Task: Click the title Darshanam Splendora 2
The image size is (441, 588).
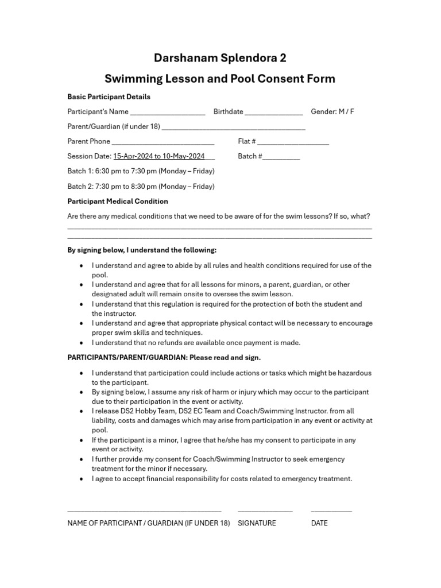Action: [220, 58]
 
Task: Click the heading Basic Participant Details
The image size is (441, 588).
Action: [109, 96]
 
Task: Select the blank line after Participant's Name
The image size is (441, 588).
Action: [168, 113]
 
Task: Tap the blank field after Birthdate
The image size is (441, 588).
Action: [274, 113]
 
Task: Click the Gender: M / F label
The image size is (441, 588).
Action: [332, 111]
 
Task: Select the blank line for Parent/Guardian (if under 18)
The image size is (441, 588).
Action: [234, 128]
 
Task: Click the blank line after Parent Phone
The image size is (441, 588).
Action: [163, 143]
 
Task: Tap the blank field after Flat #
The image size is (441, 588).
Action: [293, 143]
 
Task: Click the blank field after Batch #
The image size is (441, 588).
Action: [281, 158]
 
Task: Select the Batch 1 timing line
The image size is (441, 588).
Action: [141, 171]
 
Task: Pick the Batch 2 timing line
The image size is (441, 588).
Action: [141, 186]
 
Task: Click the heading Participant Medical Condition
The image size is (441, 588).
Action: [118, 202]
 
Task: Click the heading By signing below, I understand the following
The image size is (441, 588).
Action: [142, 250]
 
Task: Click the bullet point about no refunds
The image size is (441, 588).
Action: [196, 343]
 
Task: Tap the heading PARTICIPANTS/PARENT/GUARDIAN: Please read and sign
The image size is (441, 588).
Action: [164, 358]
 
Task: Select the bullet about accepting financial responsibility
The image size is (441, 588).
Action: [222, 478]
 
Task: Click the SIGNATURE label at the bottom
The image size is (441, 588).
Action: [257, 523]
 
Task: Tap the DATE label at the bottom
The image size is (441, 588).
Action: [319, 523]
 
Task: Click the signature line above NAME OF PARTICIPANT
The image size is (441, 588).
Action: [144, 510]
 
